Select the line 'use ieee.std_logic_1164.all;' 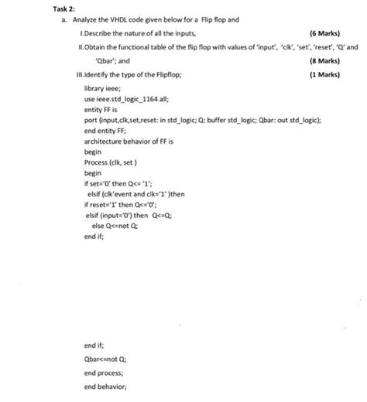[x=125, y=100]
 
